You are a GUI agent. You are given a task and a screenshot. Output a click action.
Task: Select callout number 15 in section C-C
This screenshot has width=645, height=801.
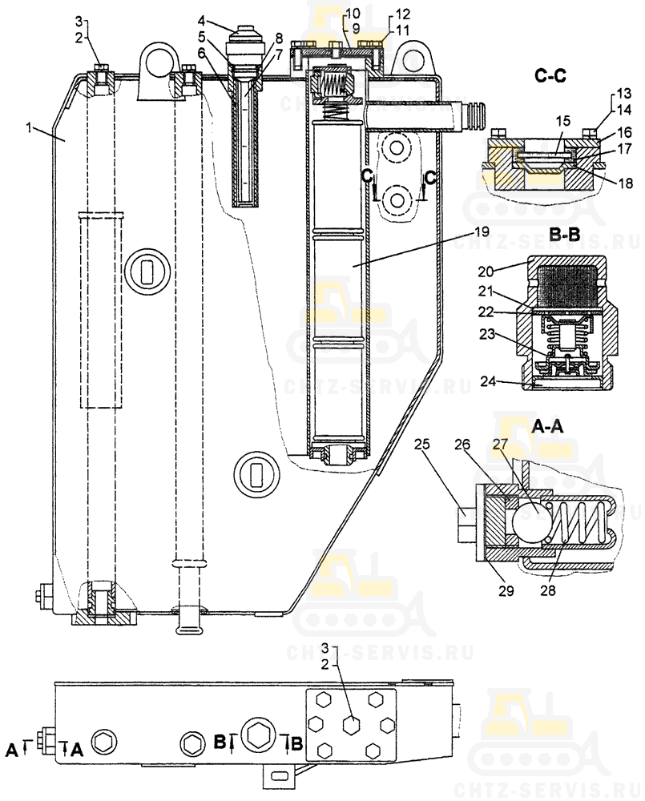tap(565, 120)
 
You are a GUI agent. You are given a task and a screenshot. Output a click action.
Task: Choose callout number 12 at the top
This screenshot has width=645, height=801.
tap(402, 14)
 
